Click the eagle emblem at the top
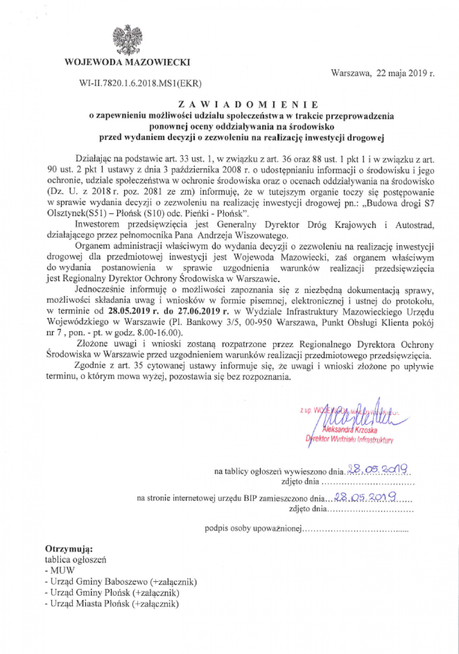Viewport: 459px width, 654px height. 127,40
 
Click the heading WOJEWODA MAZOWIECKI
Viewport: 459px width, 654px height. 127,62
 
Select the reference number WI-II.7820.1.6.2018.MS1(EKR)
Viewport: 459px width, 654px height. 140,83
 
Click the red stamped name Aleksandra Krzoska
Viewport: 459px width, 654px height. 350,430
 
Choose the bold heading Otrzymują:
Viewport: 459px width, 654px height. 68,549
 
